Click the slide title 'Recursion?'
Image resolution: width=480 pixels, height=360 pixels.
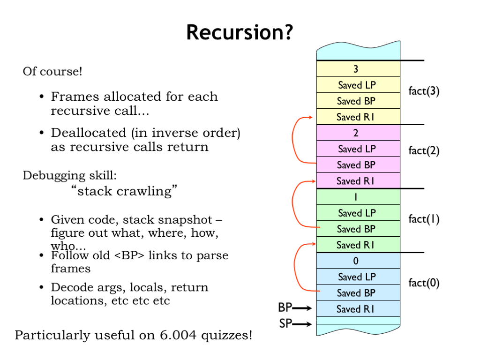point(240,33)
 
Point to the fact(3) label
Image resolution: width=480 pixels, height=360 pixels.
point(424,91)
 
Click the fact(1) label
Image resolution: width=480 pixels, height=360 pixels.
point(424,219)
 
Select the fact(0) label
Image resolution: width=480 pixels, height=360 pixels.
point(424,283)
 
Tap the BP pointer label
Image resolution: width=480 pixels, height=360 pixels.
point(285,308)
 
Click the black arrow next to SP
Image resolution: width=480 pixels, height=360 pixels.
point(304,324)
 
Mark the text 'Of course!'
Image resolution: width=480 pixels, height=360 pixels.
point(52,72)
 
